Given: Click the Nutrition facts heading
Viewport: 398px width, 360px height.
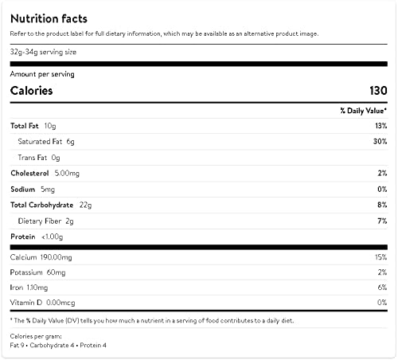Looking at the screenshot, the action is coord(49,19).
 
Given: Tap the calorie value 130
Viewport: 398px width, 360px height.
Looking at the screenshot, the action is coord(378,91).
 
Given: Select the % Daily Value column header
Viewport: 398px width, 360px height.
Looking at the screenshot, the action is coord(364,111).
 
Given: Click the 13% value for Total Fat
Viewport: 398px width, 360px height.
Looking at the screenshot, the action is coord(381,126).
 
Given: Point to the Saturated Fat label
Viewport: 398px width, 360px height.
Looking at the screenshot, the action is coord(40,142).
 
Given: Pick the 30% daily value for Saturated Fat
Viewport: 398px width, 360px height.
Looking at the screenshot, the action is coord(380,141).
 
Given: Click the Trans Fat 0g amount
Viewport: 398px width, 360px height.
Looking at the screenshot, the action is coord(56,158).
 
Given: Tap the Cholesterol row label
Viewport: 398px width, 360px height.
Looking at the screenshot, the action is coord(29,173).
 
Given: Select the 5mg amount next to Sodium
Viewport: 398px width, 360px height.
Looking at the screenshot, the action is coord(48,190).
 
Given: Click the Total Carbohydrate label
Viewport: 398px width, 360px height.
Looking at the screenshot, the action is coord(42,205).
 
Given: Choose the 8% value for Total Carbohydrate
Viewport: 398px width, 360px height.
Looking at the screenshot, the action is coord(382,205).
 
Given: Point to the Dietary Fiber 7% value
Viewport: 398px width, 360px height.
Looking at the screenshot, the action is coord(382,221).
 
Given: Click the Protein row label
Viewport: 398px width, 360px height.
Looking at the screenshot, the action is coord(23,237).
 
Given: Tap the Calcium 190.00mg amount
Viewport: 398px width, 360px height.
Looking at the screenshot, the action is coord(56,257).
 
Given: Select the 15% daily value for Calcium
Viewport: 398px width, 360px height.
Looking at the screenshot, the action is coord(381,257).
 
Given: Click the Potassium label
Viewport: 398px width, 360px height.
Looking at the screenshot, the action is coord(26,272).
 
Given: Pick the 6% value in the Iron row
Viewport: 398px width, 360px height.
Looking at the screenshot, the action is coord(382,288).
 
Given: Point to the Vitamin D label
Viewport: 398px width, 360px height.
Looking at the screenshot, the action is coord(26,303).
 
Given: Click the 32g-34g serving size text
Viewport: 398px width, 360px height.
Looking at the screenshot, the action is coord(43,52).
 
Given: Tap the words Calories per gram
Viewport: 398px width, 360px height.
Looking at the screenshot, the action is coord(36,336).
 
